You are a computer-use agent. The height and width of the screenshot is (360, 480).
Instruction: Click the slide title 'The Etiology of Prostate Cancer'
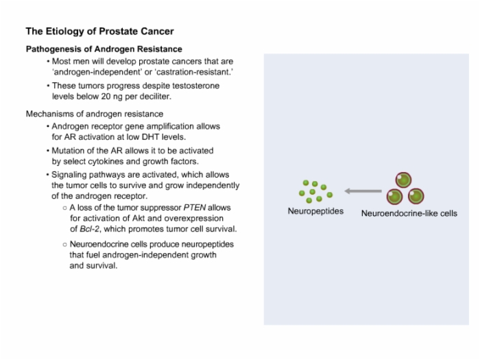point(100,32)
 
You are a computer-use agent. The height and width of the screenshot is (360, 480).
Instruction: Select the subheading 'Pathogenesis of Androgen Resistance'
point(104,49)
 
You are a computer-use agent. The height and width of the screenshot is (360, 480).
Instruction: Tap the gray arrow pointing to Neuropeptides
point(363,191)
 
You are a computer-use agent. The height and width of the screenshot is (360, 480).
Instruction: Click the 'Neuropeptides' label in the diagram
point(315,211)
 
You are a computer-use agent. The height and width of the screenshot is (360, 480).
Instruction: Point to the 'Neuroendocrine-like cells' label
point(409,213)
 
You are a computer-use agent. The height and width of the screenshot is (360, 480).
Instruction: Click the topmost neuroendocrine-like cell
point(403,180)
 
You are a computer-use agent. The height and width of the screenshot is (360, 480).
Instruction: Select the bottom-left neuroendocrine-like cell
point(394,197)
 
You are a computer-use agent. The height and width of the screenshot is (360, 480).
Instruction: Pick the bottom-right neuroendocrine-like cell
point(416,196)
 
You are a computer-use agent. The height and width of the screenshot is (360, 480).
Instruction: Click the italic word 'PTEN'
point(195,208)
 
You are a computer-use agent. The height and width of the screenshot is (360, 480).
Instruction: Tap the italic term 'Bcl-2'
point(89,229)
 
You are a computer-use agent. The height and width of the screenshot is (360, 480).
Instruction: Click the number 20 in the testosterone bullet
point(106,97)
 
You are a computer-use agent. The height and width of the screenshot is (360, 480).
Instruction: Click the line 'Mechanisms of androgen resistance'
point(95,114)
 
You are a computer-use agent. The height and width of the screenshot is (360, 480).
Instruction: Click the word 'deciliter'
point(155,97)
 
